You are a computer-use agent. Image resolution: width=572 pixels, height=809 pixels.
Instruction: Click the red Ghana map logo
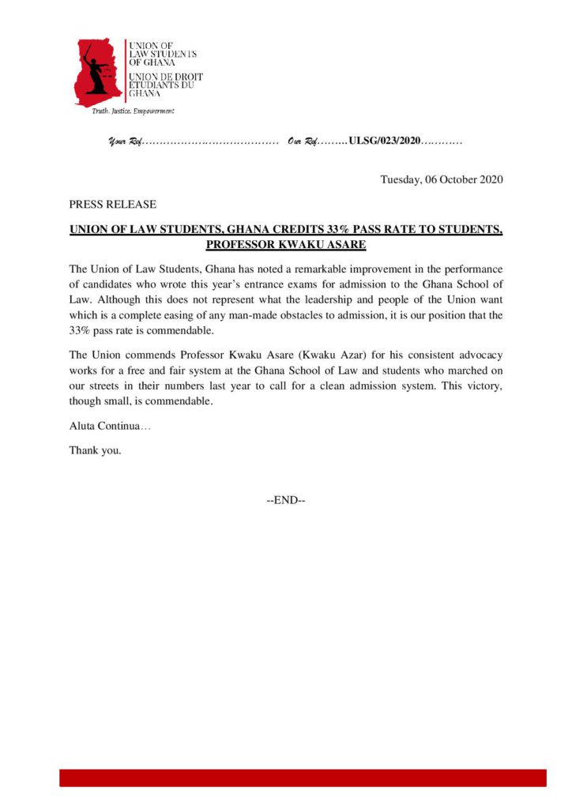[x=98, y=72]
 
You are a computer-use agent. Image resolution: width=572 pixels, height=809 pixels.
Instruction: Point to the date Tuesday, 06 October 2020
[x=442, y=179]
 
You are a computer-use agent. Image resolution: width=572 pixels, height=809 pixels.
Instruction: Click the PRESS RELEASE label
[x=112, y=204]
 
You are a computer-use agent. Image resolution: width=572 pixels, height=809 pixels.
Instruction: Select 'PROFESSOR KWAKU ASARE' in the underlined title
[x=285, y=245]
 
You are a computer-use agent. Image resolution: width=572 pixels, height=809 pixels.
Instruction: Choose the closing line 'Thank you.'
[x=96, y=451]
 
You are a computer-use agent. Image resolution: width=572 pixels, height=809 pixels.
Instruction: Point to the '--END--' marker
[x=286, y=500]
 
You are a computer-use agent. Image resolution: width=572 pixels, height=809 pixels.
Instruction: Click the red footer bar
[x=303, y=778]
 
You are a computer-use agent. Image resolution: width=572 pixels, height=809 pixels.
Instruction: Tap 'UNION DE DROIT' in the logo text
[x=165, y=77]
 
